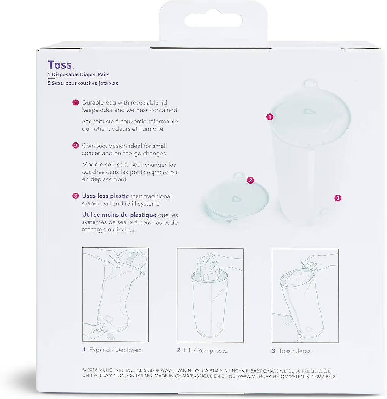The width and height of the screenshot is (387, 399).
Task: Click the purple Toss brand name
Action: point(60,65)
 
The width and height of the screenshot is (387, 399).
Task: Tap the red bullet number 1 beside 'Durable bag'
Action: point(76,102)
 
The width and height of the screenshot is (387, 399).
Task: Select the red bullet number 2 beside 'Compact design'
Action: point(76,146)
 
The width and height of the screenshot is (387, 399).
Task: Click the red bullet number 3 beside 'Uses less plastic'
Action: point(76,196)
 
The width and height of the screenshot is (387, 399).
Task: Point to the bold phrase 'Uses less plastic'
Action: point(105,196)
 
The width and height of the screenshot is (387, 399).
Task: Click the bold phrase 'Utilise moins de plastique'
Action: point(119,215)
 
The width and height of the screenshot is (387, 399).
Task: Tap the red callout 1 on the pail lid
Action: point(270,117)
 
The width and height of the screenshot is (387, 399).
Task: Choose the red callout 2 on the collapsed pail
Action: point(250,180)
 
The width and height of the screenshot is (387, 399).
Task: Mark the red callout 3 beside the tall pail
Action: point(338,198)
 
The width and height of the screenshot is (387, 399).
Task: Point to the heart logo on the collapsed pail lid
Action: point(236,198)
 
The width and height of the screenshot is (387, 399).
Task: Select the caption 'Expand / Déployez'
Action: point(115,350)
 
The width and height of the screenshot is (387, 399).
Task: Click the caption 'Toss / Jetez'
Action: point(295,351)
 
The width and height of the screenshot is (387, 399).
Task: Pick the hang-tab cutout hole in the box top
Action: point(214,21)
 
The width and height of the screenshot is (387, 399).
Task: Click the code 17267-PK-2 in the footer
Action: point(323,377)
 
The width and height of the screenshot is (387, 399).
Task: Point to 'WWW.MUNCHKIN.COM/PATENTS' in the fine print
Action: point(273,376)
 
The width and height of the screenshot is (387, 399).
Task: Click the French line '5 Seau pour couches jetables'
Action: point(83,83)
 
